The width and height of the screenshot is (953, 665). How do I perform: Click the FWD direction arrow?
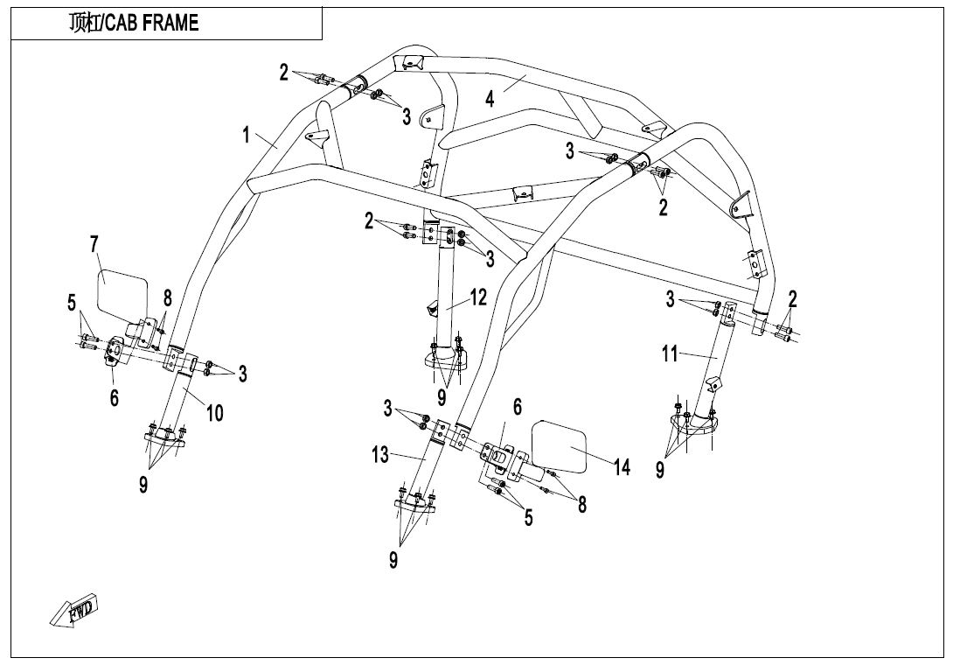pyautogui.click(x=73, y=610)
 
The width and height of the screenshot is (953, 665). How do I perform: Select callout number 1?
pyautogui.click(x=247, y=135)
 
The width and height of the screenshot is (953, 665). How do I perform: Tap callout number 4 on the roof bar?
pyautogui.click(x=490, y=99)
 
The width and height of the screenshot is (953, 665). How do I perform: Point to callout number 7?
pyautogui.click(x=94, y=245)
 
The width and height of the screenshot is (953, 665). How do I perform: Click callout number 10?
pyautogui.click(x=214, y=414)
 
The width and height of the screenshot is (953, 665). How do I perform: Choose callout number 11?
pyautogui.click(x=669, y=353)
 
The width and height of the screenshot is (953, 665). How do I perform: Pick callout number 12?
pyautogui.click(x=478, y=297)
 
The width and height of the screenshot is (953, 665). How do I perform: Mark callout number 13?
pyautogui.click(x=379, y=454)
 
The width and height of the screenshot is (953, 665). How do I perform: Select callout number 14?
pyautogui.click(x=622, y=467)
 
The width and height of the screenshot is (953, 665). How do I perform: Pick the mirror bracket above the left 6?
pyautogui.click(x=116, y=353)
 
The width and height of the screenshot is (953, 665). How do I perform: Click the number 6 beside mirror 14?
pyautogui.click(x=518, y=407)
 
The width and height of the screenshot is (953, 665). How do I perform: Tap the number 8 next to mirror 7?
pyautogui.click(x=167, y=298)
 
